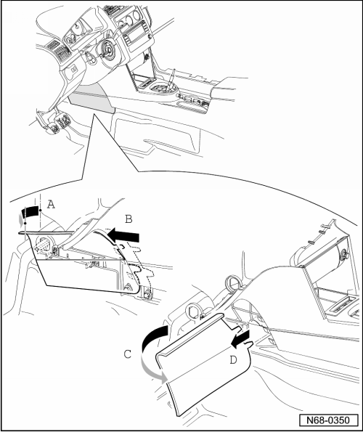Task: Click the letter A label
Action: pos(51,205)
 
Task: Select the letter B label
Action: pos(129,219)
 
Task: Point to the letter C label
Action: pos(128,354)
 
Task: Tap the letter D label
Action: pos(233,360)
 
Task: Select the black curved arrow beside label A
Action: pos(30,211)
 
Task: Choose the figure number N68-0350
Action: pos(329,420)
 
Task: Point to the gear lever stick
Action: pos(171,77)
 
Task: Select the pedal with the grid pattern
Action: pos(63,121)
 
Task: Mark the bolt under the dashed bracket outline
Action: pos(147,293)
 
